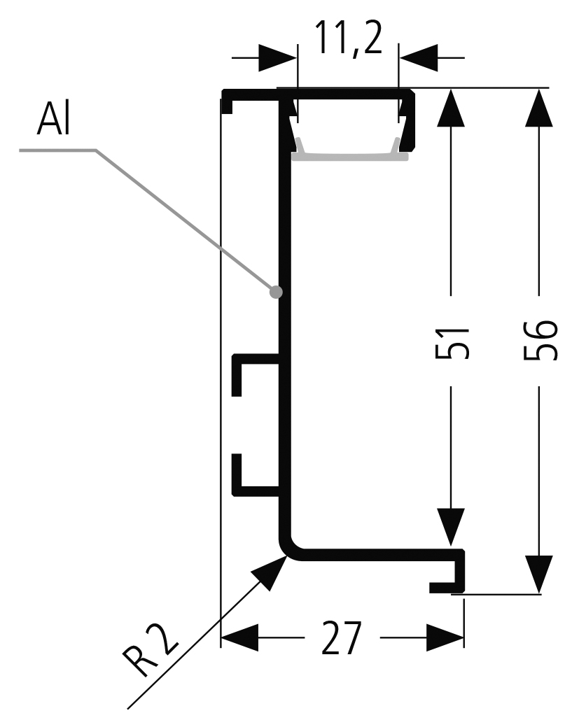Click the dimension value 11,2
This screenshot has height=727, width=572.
click(348, 38)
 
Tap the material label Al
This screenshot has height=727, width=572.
click(53, 120)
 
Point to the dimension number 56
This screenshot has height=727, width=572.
click(540, 341)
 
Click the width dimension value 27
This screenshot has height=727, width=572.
click(342, 637)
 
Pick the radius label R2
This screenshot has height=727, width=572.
click(149, 651)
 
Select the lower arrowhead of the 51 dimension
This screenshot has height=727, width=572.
click(451, 527)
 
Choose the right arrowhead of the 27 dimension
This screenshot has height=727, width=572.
click(445, 638)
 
